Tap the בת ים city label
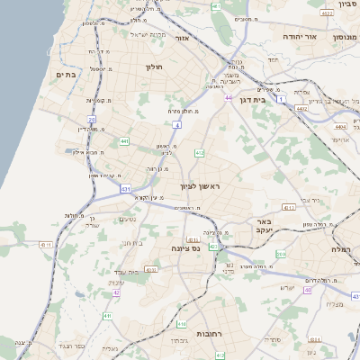[64, 75]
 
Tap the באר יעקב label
[263, 225]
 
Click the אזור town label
[181, 40]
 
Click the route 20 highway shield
[91, 119]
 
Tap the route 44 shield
[229, 98]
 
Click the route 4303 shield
[151, 269]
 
